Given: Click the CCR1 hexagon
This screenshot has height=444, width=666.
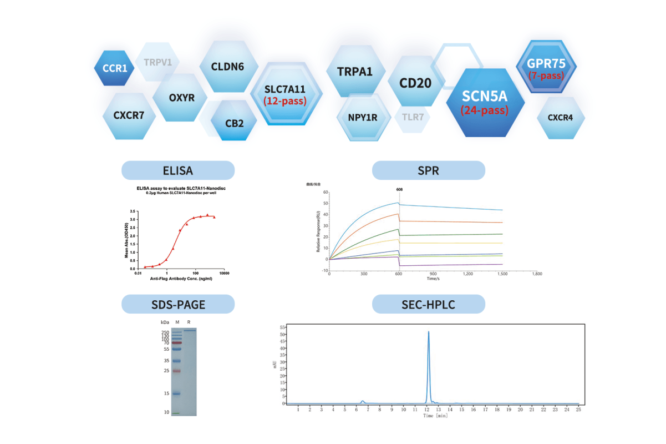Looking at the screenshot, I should point(115,68).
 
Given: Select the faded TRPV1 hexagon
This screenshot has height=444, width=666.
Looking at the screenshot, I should point(158,62).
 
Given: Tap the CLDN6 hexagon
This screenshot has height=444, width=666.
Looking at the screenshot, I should point(227,67).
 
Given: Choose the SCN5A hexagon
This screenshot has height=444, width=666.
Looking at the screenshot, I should point(485,103).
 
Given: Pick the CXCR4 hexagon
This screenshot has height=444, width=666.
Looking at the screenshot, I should point(560,118).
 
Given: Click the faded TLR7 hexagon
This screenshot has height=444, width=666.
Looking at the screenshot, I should point(413,118).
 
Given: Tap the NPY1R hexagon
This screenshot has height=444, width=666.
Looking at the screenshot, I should point(362,118).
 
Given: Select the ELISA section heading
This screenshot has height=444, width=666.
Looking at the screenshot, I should point(178,170).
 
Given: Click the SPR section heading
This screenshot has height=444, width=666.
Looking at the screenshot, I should point(428,170).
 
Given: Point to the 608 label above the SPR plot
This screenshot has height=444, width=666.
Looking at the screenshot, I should point(399,189).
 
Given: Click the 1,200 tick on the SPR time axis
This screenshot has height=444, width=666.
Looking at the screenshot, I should point(467,274).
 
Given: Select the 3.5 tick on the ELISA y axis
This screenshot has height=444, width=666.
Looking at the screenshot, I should point(133,211).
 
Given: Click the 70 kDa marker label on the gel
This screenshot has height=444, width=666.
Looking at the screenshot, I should point(165,343).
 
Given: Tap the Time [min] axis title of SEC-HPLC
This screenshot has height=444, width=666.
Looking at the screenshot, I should point(434,415).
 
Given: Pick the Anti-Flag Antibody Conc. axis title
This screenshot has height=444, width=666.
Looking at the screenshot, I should point(181,278).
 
